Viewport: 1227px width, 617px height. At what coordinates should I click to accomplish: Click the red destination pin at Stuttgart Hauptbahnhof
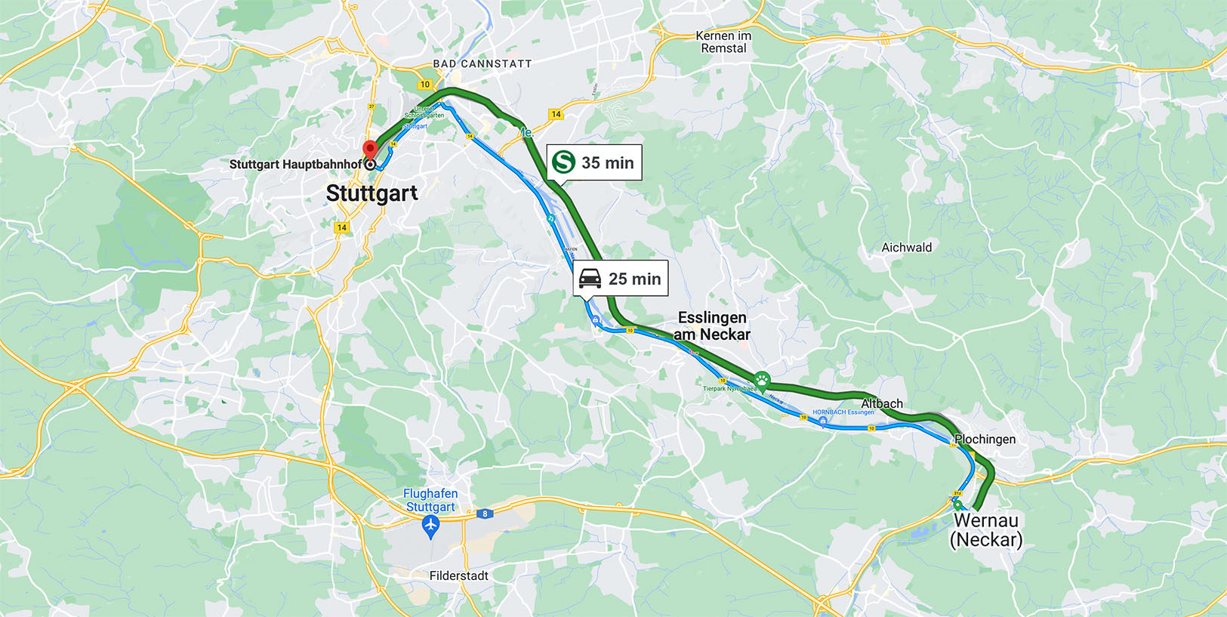370,149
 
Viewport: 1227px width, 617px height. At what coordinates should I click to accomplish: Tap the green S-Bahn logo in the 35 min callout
563,162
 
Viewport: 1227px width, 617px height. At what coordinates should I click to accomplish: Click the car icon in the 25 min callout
590,279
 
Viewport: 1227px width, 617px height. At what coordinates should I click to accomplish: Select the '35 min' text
607,163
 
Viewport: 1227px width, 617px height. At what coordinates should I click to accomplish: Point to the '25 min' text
634,279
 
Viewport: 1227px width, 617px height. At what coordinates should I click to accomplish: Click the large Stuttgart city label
371,193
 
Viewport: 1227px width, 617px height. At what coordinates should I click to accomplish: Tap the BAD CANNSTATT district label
482,64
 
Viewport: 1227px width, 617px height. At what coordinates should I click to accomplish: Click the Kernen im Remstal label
723,42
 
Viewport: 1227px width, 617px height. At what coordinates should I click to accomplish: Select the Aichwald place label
906,248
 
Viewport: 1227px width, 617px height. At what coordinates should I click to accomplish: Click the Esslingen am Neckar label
711,326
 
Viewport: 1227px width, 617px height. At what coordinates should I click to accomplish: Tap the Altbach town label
882,404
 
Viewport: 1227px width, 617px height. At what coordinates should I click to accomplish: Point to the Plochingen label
985,440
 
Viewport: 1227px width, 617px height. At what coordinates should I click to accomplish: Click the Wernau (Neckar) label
985,530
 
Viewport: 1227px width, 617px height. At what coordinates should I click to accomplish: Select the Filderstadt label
458,576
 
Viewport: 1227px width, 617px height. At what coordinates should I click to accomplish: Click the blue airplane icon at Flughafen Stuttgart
430,526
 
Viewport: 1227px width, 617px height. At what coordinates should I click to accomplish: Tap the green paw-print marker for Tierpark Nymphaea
762,378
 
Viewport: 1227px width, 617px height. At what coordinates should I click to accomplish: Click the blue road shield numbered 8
485,514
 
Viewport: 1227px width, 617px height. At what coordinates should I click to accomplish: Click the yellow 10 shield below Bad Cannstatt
425,85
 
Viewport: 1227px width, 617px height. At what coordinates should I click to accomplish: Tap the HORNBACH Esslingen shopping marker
822,421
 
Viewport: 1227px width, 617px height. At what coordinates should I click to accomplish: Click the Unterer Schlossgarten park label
424,113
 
